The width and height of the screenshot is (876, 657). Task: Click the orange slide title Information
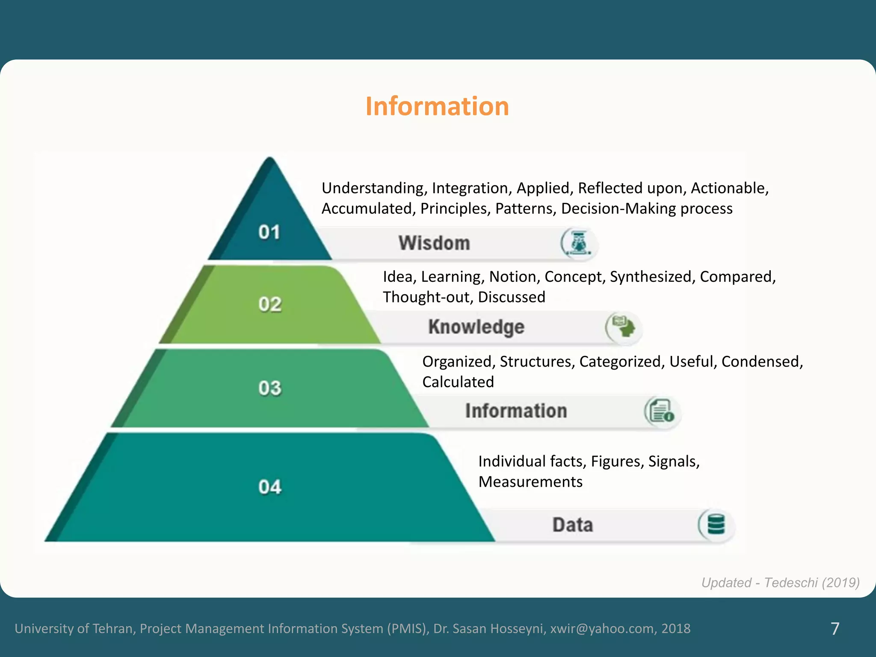click(437, 106)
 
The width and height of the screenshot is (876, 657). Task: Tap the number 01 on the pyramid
click(269, 232)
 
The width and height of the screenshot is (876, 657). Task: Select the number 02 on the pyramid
click(270, 304)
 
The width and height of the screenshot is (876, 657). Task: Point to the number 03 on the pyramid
click(270, 388)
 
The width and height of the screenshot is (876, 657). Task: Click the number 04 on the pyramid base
click(270, 487)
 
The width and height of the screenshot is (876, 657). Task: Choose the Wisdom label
click(434, 243)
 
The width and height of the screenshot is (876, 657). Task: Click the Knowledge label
click(476, 327)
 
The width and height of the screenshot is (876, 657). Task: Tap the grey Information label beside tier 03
click(516, 411)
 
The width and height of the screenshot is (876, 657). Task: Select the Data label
click(573, 525)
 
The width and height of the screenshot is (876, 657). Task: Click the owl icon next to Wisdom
click(579, 243)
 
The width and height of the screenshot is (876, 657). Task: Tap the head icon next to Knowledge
click(624, 327)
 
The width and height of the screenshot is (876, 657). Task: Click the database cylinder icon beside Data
click(716, 524)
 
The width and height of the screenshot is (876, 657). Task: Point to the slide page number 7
click(835, 628)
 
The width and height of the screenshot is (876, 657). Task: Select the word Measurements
click(530, 482)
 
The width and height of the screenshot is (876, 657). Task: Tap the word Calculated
click(458, 382)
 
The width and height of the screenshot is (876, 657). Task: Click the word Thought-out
click(428, 297)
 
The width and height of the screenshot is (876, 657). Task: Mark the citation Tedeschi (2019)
click(812, 583)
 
